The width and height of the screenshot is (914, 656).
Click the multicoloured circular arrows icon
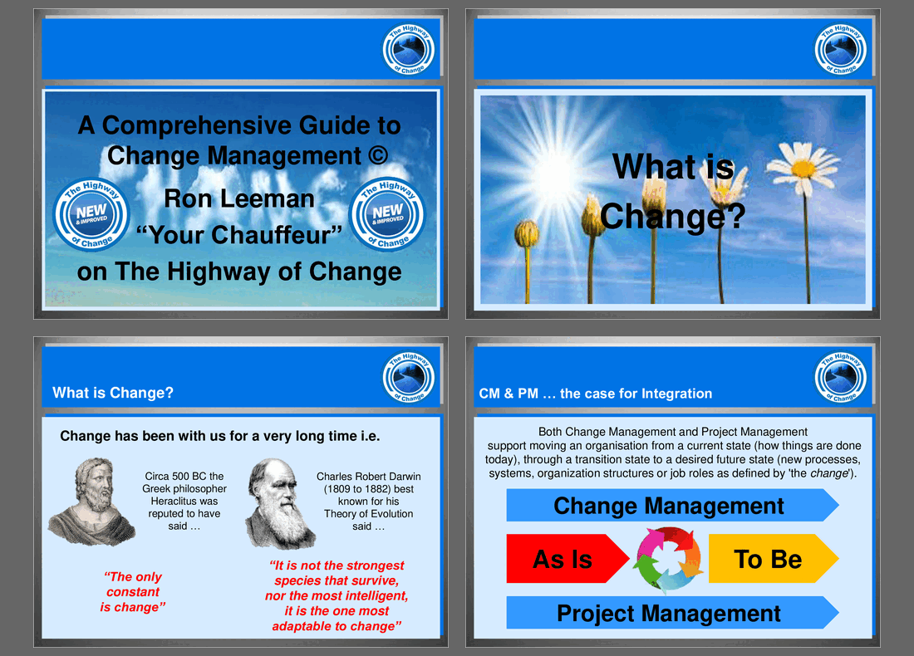tap(669, 558)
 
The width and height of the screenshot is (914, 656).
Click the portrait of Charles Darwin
tap(279, 504)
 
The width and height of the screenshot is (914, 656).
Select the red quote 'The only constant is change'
tap(133, 592)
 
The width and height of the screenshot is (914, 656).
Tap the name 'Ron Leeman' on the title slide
tap(239, 198)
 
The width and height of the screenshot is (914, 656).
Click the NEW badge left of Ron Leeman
tap(91, 214)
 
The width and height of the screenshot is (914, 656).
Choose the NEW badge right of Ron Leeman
tap(388, 213)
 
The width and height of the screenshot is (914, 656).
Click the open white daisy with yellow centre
tap(803, 168)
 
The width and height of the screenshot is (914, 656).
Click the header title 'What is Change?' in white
tap(113, 393)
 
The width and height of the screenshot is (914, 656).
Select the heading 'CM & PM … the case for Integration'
tap(595, 394)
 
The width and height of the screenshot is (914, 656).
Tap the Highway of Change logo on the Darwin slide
tap(409, 378)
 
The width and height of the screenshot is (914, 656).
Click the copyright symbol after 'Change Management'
tap(378, 155)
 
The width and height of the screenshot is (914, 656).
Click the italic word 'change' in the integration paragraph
tap(829, 473)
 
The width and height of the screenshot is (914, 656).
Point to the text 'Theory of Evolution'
tap(368, 514)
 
